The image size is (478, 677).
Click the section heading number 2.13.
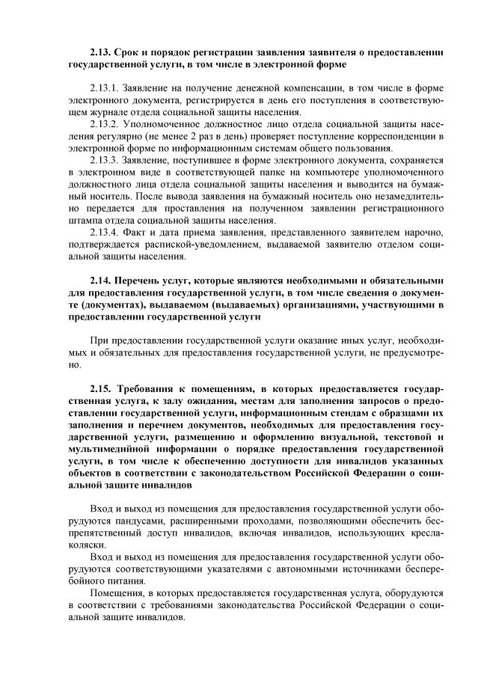pyautogui.click(x=100, y=53)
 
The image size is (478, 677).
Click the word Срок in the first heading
pyautogui.click(x=133, y=53)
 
